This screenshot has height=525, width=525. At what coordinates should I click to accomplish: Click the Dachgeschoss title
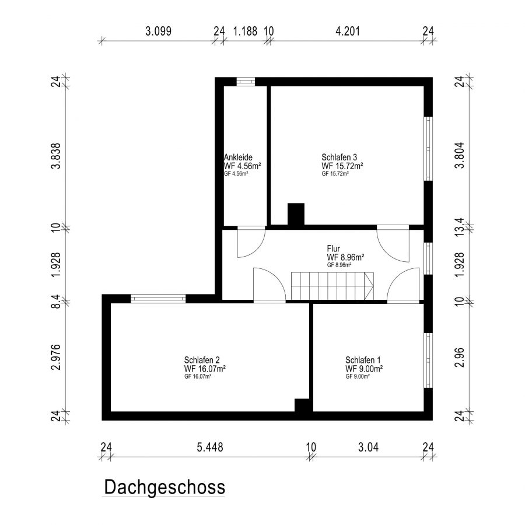coord(164,488)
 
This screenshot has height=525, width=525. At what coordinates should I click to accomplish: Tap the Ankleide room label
coord(238,157)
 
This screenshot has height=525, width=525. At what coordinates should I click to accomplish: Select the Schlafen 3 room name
coord(339,157)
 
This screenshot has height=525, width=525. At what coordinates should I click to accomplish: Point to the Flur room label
coord(333,249)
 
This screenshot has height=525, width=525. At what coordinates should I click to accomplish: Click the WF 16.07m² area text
coord(205,368)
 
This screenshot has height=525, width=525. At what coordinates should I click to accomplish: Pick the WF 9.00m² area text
coord(364,368)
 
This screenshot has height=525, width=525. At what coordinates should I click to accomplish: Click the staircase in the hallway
coord(332,286)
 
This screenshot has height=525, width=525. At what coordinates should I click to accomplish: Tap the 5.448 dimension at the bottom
coord(209,447)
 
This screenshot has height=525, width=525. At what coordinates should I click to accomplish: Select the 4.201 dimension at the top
coord(348,31)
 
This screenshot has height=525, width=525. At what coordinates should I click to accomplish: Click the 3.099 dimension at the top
coord(158,31)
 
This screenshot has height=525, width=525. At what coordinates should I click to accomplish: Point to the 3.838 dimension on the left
coord(56,156)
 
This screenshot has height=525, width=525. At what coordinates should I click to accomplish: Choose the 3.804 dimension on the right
coord(460,155)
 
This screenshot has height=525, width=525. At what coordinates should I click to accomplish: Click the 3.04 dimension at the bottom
coord(368,447)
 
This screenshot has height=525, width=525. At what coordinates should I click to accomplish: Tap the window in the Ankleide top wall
coord(246,82)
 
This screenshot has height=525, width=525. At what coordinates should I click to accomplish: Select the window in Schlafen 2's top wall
coord(158,298)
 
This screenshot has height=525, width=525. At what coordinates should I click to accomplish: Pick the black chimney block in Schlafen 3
coord(296,214)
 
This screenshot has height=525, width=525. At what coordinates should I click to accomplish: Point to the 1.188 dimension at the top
coord(245,31)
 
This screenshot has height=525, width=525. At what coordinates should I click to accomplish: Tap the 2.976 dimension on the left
coord(56,357)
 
